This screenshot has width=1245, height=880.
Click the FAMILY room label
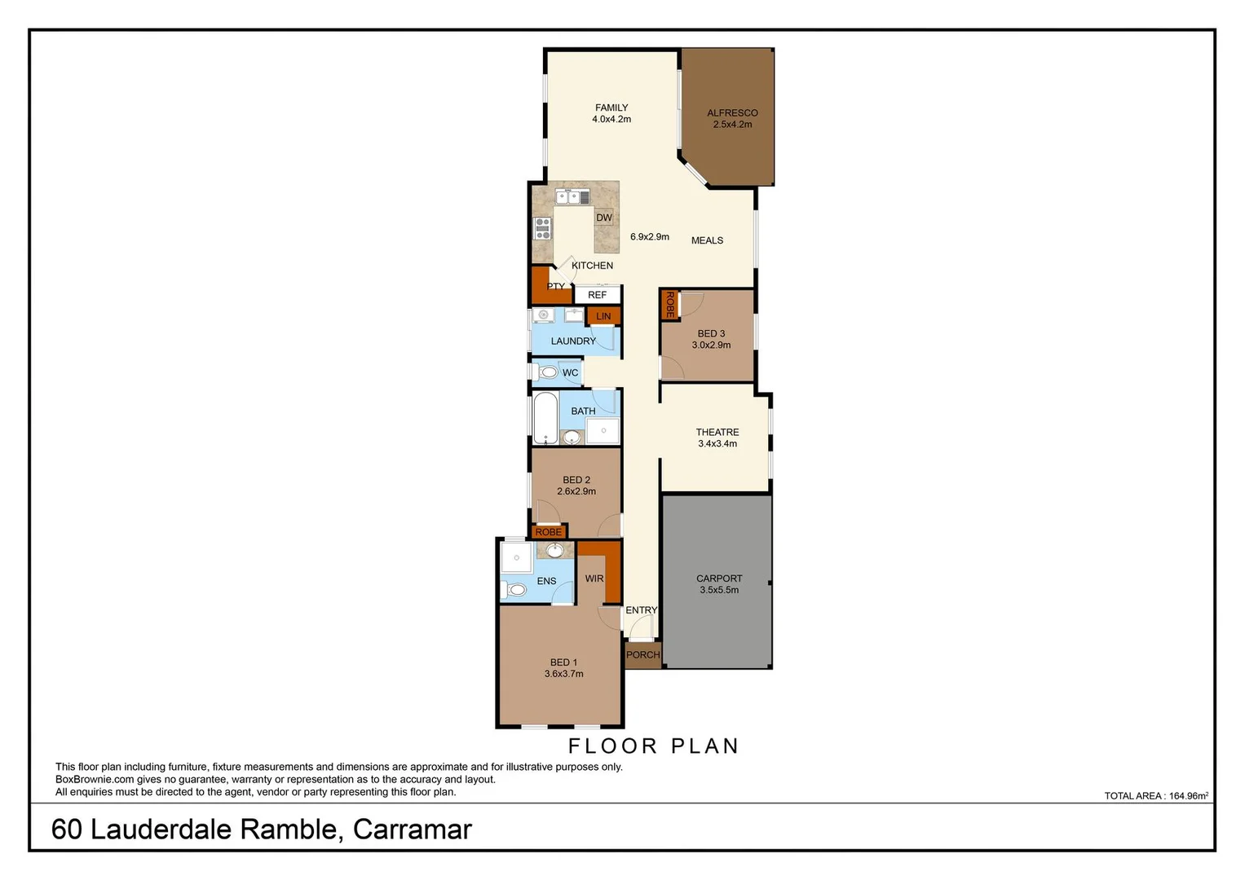pyautogui.click(x=611, y=108)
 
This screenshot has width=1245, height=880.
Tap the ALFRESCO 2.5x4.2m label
pyautogui.click(x=732, y=119)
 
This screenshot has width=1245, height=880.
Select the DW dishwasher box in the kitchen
pyautogui.click(x=603, y=218)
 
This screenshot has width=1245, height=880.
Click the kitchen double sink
pyautogui.click(x=572, y=196)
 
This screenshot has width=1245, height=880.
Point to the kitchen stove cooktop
pyautogui.click(x=543, y=228)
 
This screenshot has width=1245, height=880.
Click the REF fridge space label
pyautogui.click(x=597, y=295)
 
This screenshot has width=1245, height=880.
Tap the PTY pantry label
pyautogui.click(x=555, y=286)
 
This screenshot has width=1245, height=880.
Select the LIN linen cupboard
pyautogui.click(x=603, y=316)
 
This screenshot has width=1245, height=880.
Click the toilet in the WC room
pyautogui.click(x=548, y=372)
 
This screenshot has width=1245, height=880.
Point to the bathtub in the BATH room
pyautogui.click(x=545, y=419)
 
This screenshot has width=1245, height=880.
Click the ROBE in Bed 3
pyautogui.click(x=669, y=305)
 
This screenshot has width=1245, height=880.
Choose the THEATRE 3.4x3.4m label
pyautogui.click(x=717, y=438)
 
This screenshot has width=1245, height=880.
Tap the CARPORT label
pyautogui.click(x=719, y=579)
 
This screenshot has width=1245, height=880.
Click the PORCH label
pyautogui.click(x=642, y=655)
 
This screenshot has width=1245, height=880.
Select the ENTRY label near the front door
pyautogui.click(x=641, y=610)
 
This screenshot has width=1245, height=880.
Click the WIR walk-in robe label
pyautogui.click(x=594, y=579)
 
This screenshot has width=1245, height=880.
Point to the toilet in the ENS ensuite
pyautogui.click(x=515, y=589)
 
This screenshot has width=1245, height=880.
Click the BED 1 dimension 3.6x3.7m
pyautogui.click(x=563, y=674)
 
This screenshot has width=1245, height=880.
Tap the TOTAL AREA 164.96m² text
pyautogui.click(x=1155, y=796)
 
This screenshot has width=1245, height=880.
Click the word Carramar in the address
pyautogui.click(x=412, y=829)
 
